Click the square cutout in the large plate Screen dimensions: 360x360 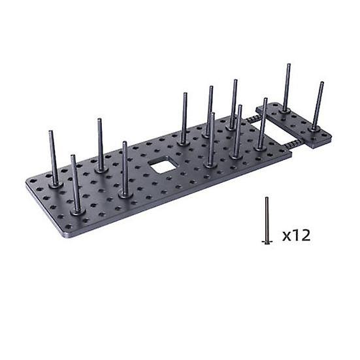(163, 165)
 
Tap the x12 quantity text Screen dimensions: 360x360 (296, 235)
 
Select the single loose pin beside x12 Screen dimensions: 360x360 (267, 221)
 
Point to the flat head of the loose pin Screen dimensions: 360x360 (267, 242)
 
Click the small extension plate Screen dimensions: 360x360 (295, 125)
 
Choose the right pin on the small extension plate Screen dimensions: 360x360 (318, 106)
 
